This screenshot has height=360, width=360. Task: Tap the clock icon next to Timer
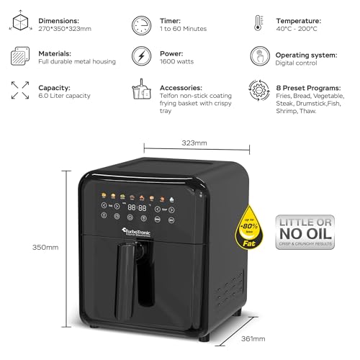tap(142, 25)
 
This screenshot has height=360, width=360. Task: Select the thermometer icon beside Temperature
tap(258, 24)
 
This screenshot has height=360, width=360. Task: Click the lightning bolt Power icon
tap(142, 57)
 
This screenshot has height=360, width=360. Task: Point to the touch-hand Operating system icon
tap(258, 57)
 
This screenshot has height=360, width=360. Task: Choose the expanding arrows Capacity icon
tap(20, 89)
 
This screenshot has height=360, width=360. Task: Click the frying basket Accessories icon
tap(142, 89)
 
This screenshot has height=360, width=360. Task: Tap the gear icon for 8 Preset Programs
tap(258, 89)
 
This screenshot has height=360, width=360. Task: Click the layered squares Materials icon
tap(20, 57)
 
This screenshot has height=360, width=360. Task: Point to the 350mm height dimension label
tap(45, 247)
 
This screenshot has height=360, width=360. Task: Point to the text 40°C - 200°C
tap(296, 29)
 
